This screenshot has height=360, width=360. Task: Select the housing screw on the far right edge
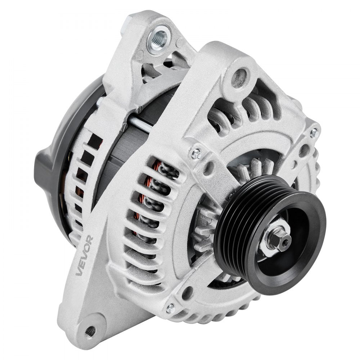coord(314,132)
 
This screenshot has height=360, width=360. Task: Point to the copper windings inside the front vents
coord(148,202)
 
